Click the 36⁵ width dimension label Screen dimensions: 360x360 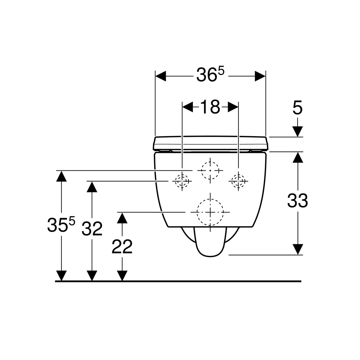pyautogui.click(x=210, y=74)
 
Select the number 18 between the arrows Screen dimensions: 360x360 pyautogui.click(x=210, y=107)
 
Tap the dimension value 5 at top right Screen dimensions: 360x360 pyautogui.click(x=297, y=108)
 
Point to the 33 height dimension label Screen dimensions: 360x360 pyautogui.click(x=297, y=200)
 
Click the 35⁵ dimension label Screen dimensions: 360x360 pyautogui.click(x=61, y=224)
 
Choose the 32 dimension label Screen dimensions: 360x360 pyautogui.click(x=92, y=228)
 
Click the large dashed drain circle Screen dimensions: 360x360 pyautogui.click(x=210, y=212)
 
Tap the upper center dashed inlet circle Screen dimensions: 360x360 pyautogui.click(x=210, y=170)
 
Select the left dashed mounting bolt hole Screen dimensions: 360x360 pyautogui.click(x=182, y=181)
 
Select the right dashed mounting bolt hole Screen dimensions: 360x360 pyautogui.click(x=238, y=181)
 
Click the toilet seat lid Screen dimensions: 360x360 pyautogui.click(x=211, y=143)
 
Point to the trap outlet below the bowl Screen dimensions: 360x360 pyautogui.click(x=210, y=243)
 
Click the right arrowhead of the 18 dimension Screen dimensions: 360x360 pyautogui.click(x=233, y=107)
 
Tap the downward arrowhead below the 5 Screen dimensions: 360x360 pyautogui.click(x=297, y=131)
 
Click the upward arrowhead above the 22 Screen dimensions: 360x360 pyautogui.click(x=122, y=218)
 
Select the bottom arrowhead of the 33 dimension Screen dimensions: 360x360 pyautogui.click(x=298, y=249)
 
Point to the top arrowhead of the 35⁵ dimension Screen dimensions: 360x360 pyautogui.click(x=61, y=176)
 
